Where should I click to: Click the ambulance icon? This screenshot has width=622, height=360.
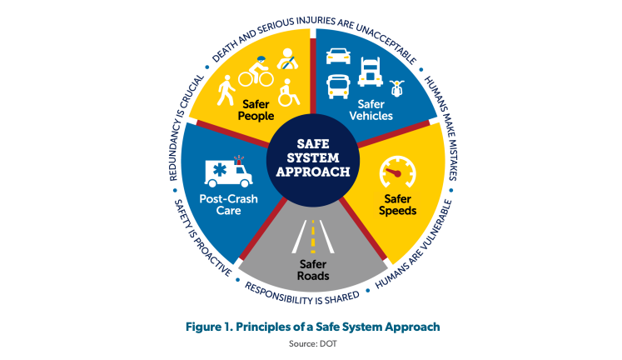pyautogui.click(x=228, y=172)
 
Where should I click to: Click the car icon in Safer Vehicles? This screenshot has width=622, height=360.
pyautogui.click(x=338, y=57)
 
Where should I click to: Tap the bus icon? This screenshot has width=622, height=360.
pyautogui.click(x=338, y=85)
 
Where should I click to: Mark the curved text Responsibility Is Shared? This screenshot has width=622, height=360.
pyautogui.click(x=302, y=296)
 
